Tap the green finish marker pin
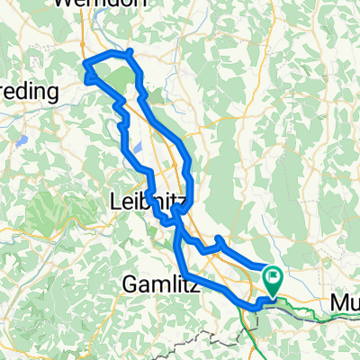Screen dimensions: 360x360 pos(271,282)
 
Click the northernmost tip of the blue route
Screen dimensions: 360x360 pos(130,51)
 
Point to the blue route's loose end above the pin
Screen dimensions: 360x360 pos(265,266)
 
